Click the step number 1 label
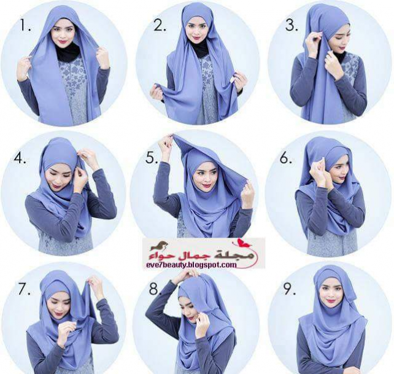click(x=26, y=25)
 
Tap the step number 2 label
click(x=160, y=25)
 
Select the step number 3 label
click(x=292, y=25)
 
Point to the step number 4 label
click(x=20, y=158)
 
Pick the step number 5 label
click(x=152, y=158)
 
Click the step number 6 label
click(x=286, y=158)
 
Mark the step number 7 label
click(x=25, y=289)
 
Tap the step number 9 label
click(x=290, y=289)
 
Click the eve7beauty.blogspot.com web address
click(x=191, y=265)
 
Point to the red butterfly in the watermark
click(x=240, y=243)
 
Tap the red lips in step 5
click(x=207, y=186)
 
